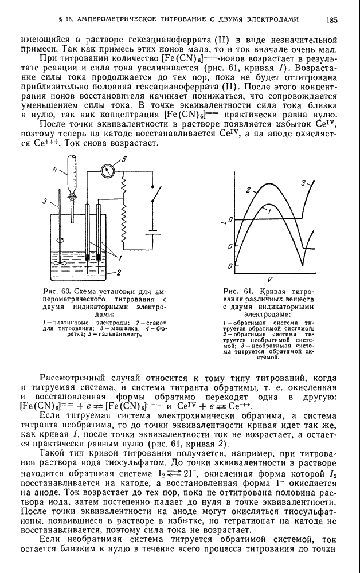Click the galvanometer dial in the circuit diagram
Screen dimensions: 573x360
pyautogui.click(x=107, y=171)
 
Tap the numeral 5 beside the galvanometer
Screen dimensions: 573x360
pyautogui.click(x=122, y=159)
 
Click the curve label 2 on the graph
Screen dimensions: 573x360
pyautogui.click(x=248, y=190)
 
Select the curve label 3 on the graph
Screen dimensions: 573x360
pyautogui.click(x=303, y=182)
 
